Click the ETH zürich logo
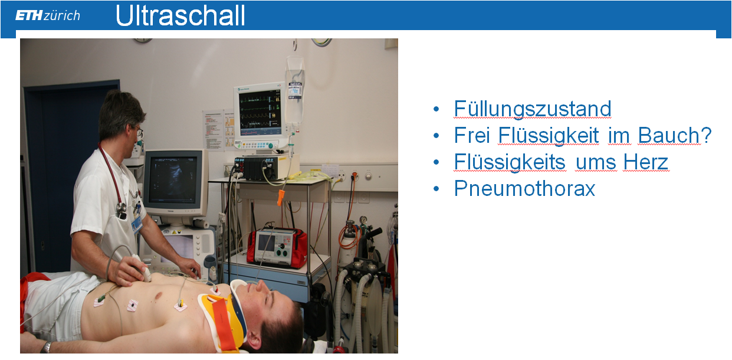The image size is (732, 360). point(48,15)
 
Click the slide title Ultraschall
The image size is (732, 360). point(180,15)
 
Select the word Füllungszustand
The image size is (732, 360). point(532,109)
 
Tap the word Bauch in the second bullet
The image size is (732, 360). point(668,135)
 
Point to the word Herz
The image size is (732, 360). point(646,162)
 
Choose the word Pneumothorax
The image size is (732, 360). point(524,188)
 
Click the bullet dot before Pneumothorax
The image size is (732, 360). point(436,189)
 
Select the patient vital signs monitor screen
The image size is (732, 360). point(260,113)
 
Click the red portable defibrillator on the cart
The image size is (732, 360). point(277,247)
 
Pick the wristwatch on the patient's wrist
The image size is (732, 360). point(47,347)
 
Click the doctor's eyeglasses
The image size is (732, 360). point(139,132)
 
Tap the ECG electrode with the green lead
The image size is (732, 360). point(99,302)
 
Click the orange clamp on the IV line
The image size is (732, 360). point(281,198)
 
